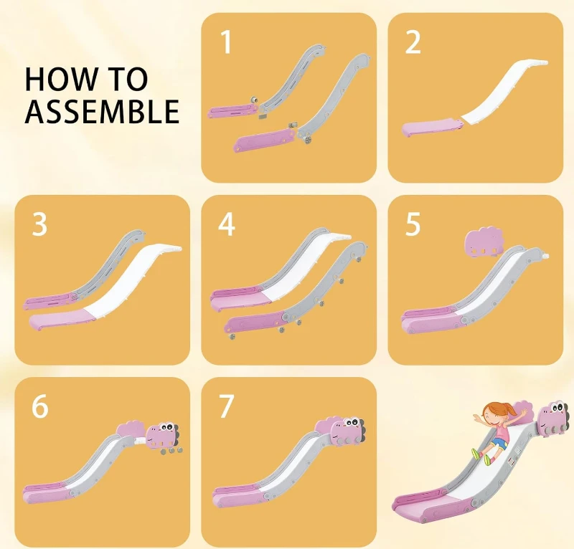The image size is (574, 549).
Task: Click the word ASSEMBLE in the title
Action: [102, 111]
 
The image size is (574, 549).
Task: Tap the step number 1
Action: [227, 42]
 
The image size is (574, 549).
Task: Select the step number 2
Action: [413, 42]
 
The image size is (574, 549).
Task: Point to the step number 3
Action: [39, 224]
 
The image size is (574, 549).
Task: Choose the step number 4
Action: [227, 224]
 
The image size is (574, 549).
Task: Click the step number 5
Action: [413, 224]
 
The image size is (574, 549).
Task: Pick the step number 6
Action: [40, 406]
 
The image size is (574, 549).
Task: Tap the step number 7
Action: [227, 406]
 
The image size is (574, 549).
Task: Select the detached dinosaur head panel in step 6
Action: [163, 436]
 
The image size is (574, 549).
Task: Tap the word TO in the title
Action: [128, 79]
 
